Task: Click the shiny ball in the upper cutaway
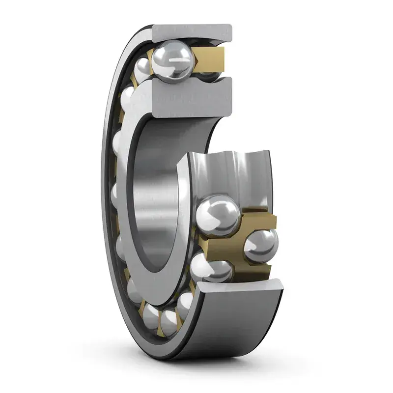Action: click(x=172, y=62)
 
